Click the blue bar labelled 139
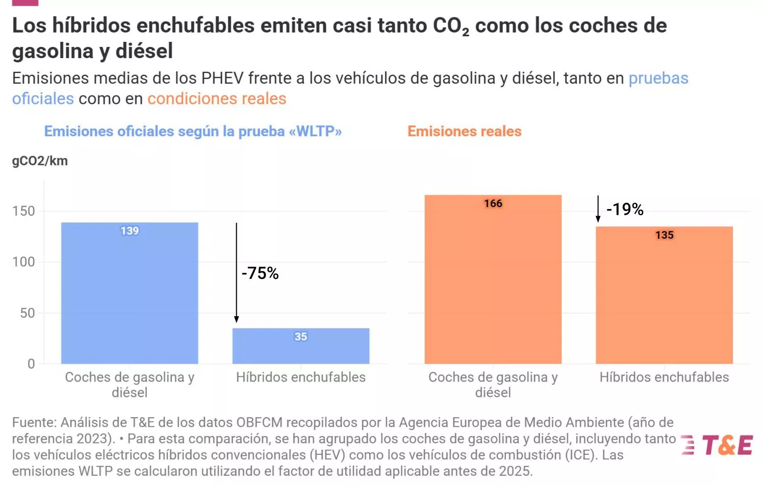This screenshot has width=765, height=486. pyautogui.click(x=130, y=293)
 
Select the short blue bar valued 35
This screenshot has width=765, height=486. pyautogui.click(x=301, y=347)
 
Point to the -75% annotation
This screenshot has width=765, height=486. pyautogui.click(x=260, y=273)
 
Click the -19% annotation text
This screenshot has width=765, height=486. pyautogui.click(x=625, y=209)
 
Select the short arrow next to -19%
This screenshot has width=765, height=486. pyautogui.click(x=598, y=209)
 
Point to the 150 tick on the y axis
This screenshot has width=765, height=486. pyautogui.click(x=23, y=211)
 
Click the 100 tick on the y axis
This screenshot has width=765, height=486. pyautogui.click(x=23, y=262)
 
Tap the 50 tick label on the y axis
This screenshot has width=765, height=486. pyautogui.click(x=28, y=313)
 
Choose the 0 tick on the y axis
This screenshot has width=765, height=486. pyautogui.click(x=31, y=364)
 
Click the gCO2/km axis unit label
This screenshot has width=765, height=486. pyautogui.click(x=40, y=161)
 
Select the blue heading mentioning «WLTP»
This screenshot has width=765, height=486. pyautogui.click(x=193, y=132)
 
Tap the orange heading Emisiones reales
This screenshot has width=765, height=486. pyautogui.click(x=464, y=132)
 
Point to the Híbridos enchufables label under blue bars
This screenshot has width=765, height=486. pyautogui.click(x=301, y=377)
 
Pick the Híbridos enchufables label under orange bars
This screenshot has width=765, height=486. pyautogui.click(x=664, y=377)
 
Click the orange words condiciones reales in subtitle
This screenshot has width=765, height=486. pyautogui.click(x=217, y=98)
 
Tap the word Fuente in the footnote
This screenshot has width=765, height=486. pyautogui.click(x=34, y=423)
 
